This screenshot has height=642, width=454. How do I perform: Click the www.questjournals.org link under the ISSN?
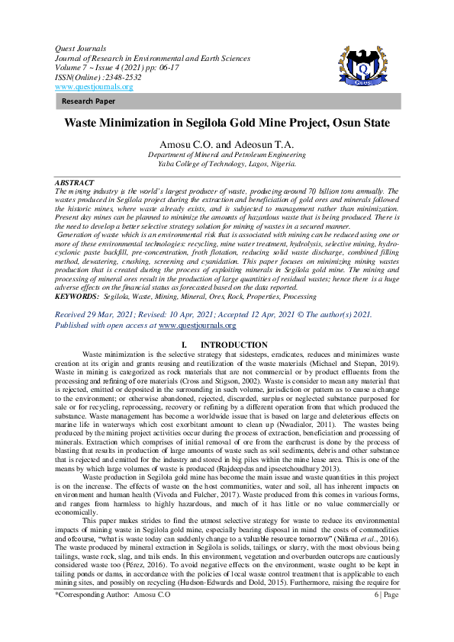94,86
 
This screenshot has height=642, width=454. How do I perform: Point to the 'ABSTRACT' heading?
75,183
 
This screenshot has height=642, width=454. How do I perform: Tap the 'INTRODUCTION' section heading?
239,345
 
